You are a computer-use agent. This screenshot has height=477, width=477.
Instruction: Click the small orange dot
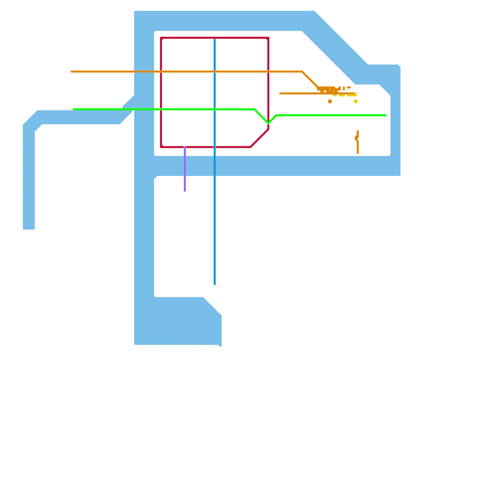330,101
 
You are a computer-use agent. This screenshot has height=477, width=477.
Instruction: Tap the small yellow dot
356,101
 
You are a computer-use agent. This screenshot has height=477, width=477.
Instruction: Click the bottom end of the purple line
185,191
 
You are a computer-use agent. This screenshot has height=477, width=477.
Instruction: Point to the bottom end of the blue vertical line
215,284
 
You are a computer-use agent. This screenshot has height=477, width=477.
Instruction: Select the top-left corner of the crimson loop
161,38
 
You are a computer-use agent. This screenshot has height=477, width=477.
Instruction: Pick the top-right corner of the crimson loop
268,38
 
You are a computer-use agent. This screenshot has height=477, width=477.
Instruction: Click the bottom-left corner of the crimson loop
161,147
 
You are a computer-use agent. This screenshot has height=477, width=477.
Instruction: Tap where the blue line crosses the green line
215,109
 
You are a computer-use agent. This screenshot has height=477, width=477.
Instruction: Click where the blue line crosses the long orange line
215,72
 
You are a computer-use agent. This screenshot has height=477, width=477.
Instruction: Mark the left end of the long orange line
72,72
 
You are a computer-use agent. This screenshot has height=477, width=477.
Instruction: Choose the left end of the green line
74,109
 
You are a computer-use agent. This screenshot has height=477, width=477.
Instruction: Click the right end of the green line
386,115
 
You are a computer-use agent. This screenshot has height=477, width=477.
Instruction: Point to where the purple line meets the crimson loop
185,147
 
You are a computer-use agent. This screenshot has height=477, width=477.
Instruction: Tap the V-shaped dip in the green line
268,123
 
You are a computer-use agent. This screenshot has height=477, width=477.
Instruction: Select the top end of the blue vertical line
215,40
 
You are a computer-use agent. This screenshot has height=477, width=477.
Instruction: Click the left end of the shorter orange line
280,93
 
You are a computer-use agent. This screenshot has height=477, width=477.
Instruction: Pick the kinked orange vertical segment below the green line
357,142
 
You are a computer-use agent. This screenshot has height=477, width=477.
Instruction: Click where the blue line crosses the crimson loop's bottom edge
215,147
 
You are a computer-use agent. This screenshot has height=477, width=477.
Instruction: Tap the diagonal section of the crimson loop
259,138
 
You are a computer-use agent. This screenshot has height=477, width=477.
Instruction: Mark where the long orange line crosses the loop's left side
161,72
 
